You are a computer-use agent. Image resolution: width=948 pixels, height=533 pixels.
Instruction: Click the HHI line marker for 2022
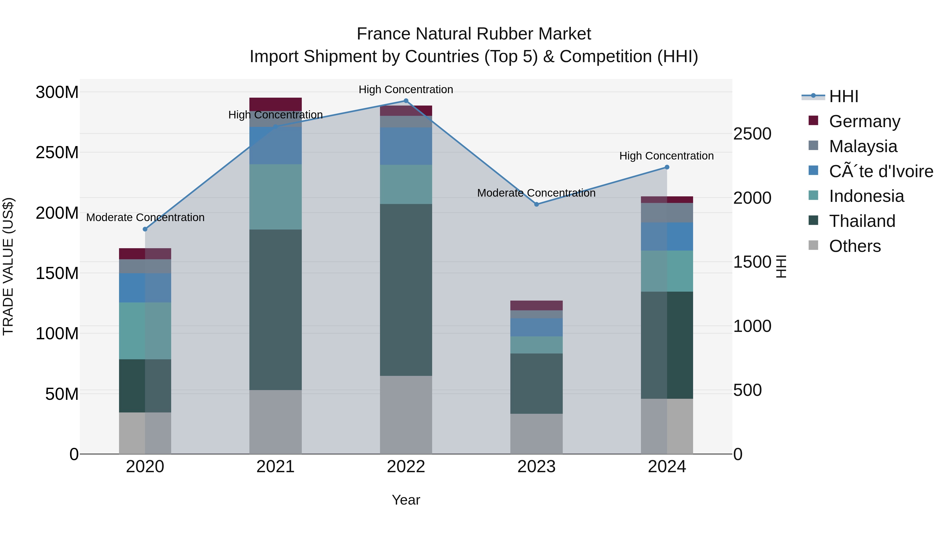406,101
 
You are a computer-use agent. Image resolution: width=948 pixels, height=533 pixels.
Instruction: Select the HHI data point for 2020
145,229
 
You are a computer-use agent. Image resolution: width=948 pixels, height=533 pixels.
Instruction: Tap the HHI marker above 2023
536,204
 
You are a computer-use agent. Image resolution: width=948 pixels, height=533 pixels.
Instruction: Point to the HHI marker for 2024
666,167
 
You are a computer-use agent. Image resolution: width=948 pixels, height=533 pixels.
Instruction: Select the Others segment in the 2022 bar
406,415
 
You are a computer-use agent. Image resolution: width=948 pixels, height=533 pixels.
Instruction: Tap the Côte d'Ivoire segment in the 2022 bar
406,146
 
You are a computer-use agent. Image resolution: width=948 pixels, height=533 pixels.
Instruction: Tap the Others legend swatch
813,245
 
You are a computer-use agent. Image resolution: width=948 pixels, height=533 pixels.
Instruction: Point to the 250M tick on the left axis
57,152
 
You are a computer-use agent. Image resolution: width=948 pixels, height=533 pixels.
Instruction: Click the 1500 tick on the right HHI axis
752,262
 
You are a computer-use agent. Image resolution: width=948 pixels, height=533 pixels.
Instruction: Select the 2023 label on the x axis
536,467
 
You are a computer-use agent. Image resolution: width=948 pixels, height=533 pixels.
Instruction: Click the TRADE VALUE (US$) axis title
8,266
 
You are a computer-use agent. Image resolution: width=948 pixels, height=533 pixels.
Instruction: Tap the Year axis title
406,500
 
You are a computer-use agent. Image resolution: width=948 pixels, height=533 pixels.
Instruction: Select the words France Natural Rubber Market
474,34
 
